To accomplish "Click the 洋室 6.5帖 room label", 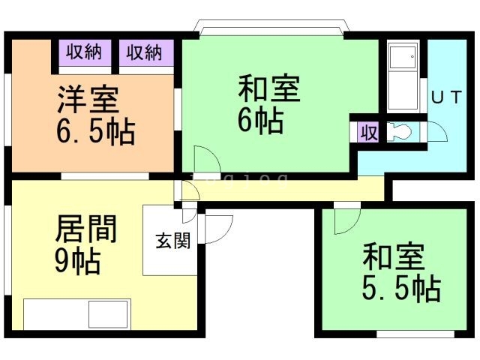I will tap(95, 115).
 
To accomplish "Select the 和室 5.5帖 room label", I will tap(400, 271).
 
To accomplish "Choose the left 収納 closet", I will tap(85, 53).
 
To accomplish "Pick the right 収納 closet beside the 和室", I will tap(145, 53).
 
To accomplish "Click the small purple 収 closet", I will tap(368, 133).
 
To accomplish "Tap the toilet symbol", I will tap(398, 133).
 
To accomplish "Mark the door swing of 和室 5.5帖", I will tap(347, 220).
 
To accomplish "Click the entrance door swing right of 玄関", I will tap(218, 228).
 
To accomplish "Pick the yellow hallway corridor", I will tap(292, 190).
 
